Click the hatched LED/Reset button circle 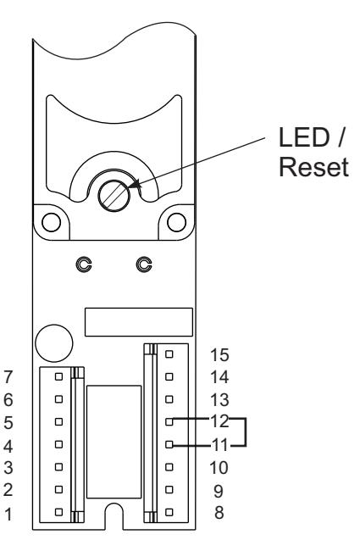pyautogui.click(x=114, y=195)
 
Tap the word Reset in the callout pyautogui.click(x=313, y=167)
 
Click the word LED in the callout pyautogui.click(x=303, y=137)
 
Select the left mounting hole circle pyautogui.click(x=52, y=222)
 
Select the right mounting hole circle pyautogui.click(x=176, y=222)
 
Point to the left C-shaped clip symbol pyautogui.click(x=84, y=264)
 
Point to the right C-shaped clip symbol pyautogui.click(x=144, y=264)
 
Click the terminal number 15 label pyautogui.click(x=219, y=354)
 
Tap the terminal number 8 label pyautogui.click(x=219, y=512)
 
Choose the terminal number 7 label pyautogui.click(x=8, y=377)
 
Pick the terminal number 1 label pyautogui.click(x=9, y=514)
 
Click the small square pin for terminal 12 pyautogui.click(x=169, y=421)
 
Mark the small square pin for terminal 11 pyautogui.click(x=169, y=444)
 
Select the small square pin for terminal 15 pyautogui.click(x=169, y=354)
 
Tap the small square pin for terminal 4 pyautogui.click(x=58, y=444)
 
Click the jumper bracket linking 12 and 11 pyautogui.click(x=246, y=432)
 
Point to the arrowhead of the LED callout pyautogui.click(x=135, y=184)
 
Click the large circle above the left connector pyautogui.click(x=54, y=343)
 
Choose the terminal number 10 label pyautogui.click(x=219, y=467)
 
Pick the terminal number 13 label pyautogui.click(x=219, y=400)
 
